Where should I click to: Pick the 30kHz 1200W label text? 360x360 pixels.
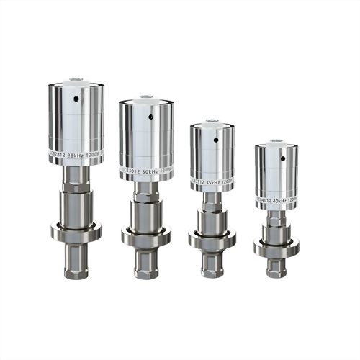click(148, 172)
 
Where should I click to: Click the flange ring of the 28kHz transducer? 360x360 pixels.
click(76, 230)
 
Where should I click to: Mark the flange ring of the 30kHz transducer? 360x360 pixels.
click(146, 235)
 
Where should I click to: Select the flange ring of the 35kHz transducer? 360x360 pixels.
click(213, 238)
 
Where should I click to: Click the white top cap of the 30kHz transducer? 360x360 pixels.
click(147, 100)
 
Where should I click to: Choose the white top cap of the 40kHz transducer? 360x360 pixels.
click(276, 144)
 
